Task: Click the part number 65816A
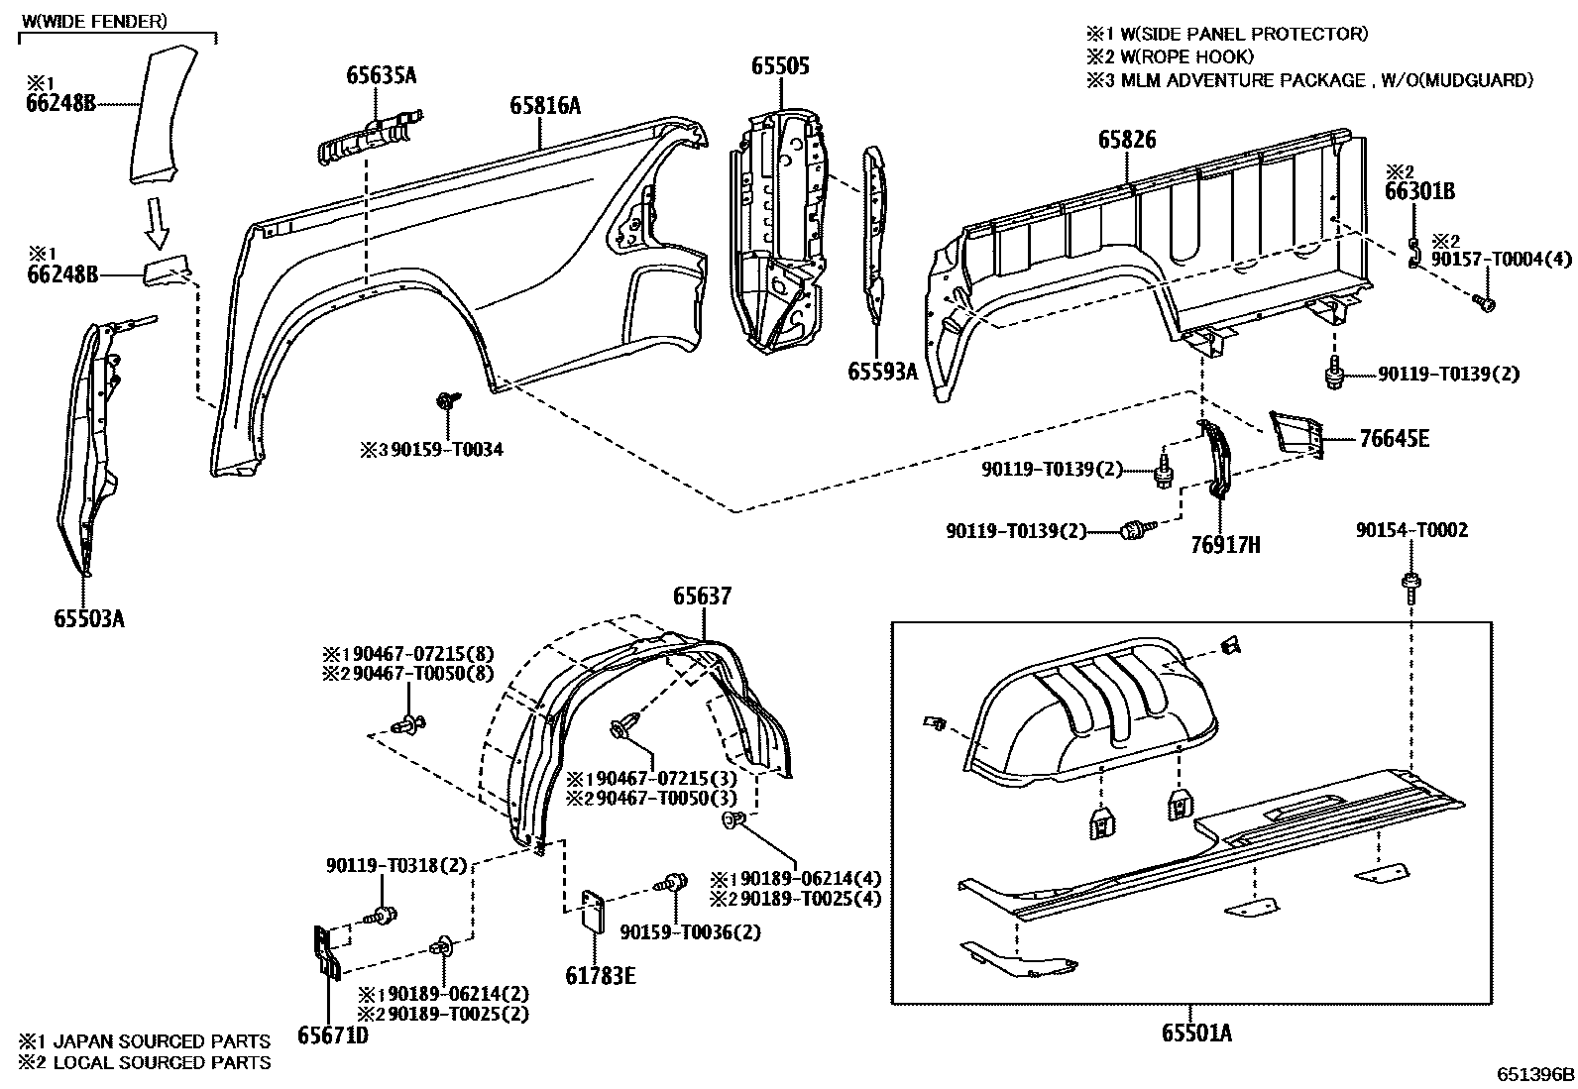544,104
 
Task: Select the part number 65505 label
780,66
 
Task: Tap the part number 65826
1126,140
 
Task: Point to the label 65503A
89,619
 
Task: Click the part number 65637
702,596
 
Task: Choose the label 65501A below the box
1196,1034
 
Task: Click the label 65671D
332,1035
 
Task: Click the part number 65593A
882,372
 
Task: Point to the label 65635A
382,74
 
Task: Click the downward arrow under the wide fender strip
156,223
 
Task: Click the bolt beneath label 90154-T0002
1410,588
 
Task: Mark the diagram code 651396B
1535,1074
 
